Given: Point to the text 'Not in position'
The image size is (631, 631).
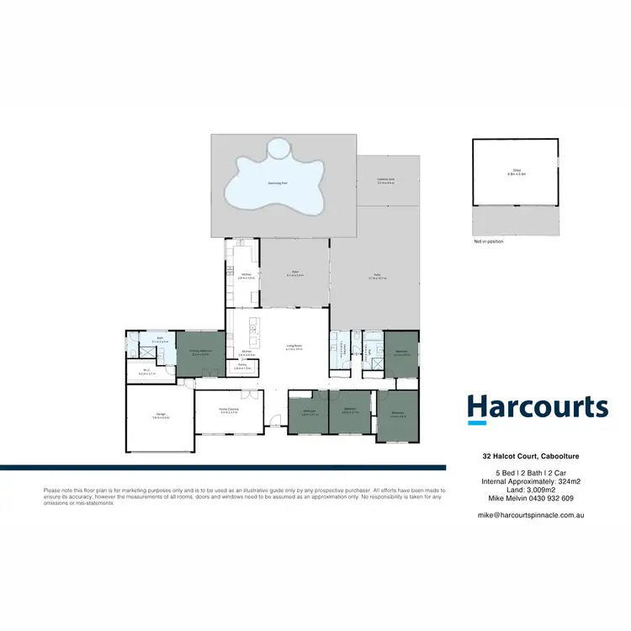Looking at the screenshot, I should pyautogui.click(x=488, y=241).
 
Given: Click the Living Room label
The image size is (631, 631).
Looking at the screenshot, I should pyautogui.click(x=292, y=347).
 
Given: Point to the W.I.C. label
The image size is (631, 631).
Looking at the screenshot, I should pyautogui.click(x=146, y=369).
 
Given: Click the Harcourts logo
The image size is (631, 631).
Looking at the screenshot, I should pyautogui.click(x=537, y=407).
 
